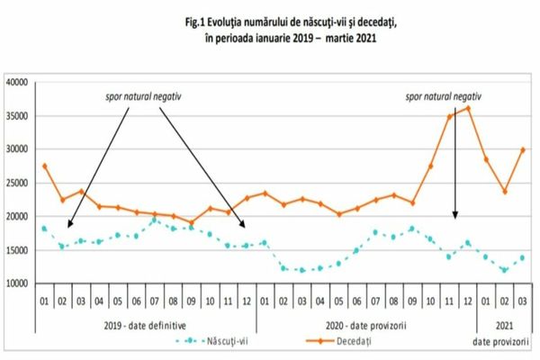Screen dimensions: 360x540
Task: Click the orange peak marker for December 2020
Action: [467, 109]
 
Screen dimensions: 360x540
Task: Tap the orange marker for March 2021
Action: [523, 150]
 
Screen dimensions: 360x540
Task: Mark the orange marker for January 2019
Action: [44, 166]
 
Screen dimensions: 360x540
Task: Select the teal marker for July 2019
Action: [155, 220]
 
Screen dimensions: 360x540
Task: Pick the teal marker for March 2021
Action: [523, 257]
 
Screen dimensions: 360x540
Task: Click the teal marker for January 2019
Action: [44, 228]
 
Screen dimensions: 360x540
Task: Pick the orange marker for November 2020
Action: [449, 117]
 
